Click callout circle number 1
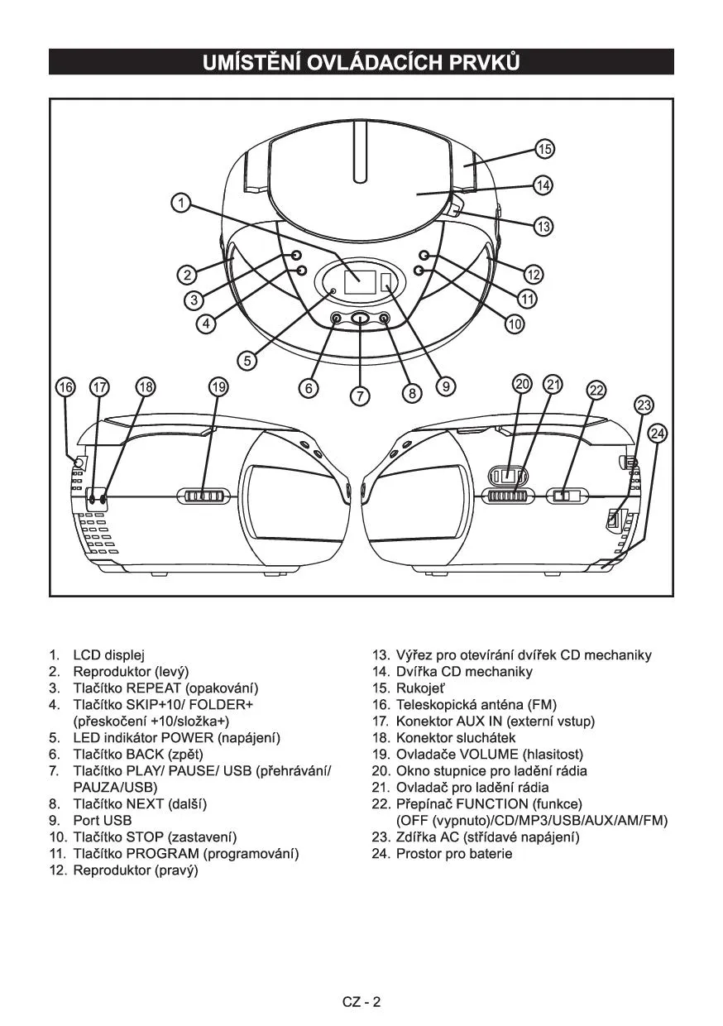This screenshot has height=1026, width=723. [181, 202]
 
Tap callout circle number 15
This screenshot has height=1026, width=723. [543, 149]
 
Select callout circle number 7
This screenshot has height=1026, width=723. [360, 396]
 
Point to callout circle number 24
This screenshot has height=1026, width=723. [657, 433]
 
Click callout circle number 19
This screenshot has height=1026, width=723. [218, 386]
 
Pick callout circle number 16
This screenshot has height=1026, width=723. [65, 386]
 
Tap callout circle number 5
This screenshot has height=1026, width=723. [247, 360]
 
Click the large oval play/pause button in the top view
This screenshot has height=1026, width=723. [361, 319]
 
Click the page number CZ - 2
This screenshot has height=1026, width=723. [361, 1002]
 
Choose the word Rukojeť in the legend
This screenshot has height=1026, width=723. [420, 688]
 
